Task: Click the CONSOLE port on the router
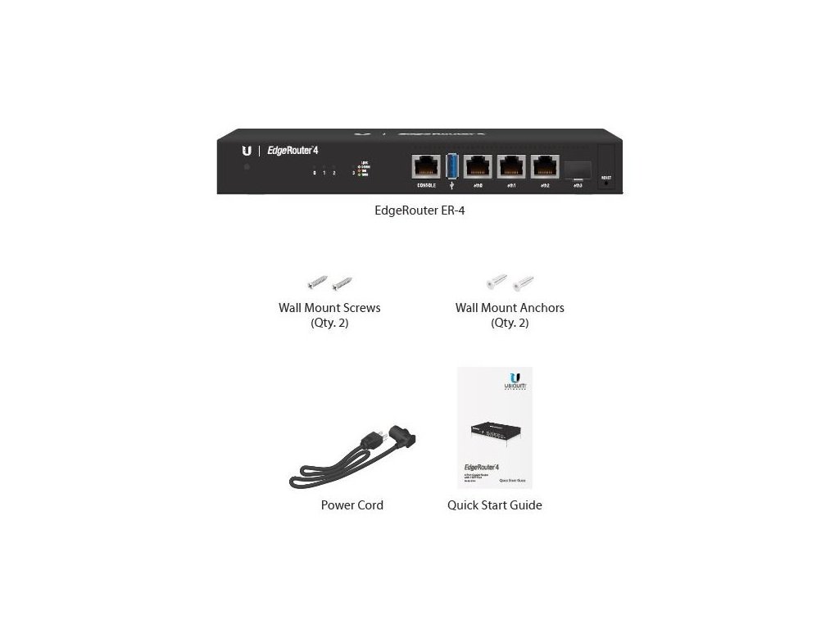[426, 167]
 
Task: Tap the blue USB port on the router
[452, 167]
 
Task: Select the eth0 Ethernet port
[478, 167]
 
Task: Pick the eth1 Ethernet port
[511, 167]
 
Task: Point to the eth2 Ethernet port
[544, 167]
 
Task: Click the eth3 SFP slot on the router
[577, 169]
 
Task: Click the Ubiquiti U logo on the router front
[247, 151]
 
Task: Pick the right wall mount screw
[341, 283]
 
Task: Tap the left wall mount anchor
[497, 283]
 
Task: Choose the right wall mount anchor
[522, 283]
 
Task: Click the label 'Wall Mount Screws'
[329, 309]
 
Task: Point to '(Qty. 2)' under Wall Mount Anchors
[510, 324]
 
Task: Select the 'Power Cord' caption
[352, 505]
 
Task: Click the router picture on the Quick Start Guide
[494, 433]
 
